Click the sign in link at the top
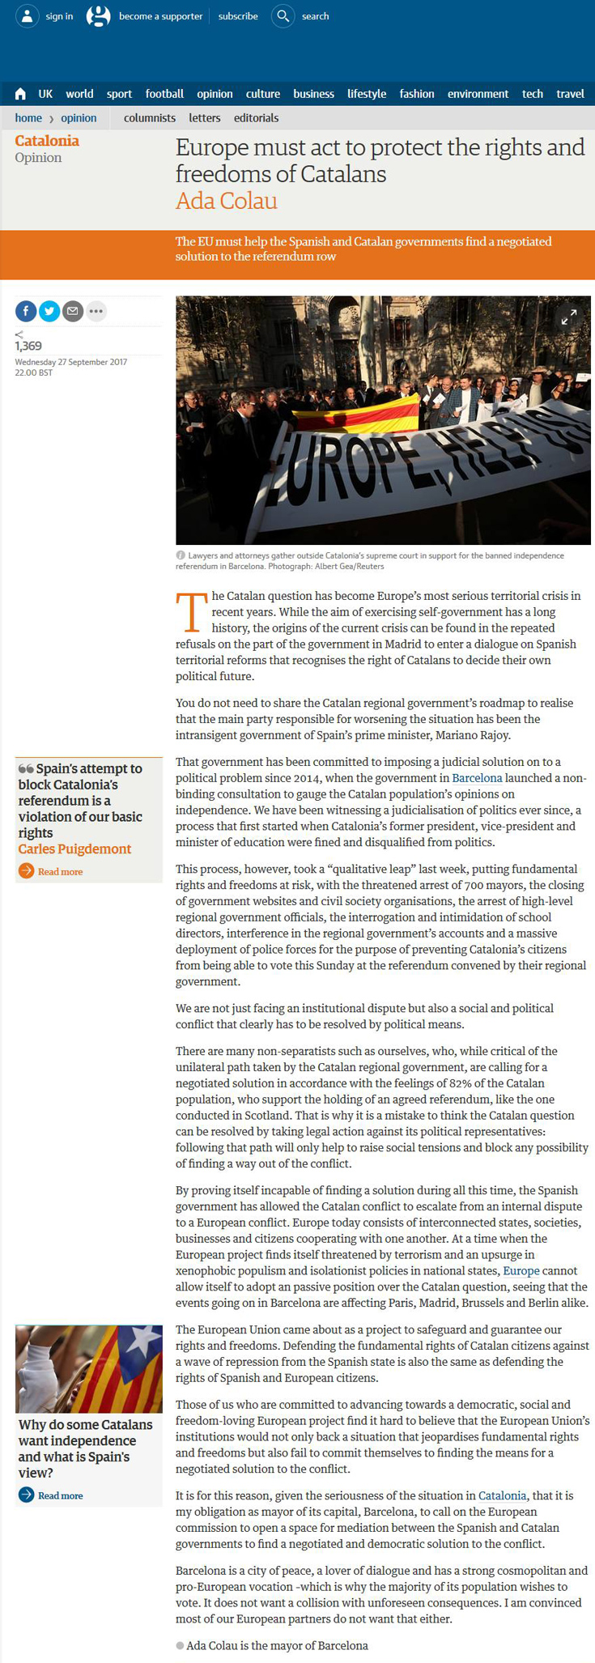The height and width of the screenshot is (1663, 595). point(58,16)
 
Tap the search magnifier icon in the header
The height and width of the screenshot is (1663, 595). point(283,16)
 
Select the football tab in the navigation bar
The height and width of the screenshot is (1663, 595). point(164,94)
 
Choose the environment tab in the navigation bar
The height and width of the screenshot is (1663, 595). point(478,94)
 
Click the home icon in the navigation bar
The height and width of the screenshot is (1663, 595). point(20,95)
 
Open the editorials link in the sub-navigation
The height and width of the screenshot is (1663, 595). point(256,118)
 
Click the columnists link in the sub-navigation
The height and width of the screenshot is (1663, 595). point(150,118)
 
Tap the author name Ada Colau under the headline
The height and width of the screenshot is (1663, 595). point(227,201)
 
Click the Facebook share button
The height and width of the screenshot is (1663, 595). point(26,311)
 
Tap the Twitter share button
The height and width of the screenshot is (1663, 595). point(49,311)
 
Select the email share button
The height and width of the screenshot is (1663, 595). point(73,311)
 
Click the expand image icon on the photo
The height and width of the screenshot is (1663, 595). point(570,317)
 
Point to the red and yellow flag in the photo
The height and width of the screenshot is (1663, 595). point(356,415)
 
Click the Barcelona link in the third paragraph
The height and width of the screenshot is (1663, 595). point(477,778)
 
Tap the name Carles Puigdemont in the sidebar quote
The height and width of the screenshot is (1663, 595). point(74,849)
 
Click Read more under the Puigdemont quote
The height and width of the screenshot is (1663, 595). point(60,872)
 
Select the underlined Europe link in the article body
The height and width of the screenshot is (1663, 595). point(521,1271)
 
